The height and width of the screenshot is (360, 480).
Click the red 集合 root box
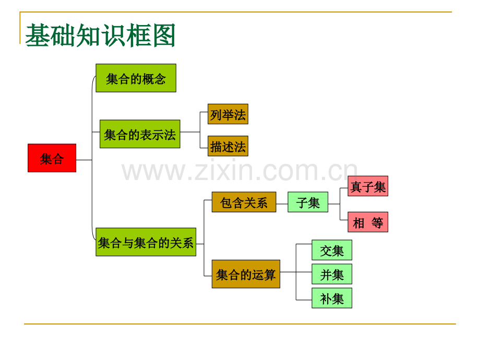[52, 158]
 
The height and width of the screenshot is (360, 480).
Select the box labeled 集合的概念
[136, 78]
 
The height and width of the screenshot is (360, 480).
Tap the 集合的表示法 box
[140, 134]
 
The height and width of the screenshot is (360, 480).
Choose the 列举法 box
[228, 114]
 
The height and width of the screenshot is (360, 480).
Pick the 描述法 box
[228, 146]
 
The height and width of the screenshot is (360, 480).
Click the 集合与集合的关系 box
[146, 242]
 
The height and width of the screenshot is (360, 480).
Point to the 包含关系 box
[244, 202]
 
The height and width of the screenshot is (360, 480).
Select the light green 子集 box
[308, 202]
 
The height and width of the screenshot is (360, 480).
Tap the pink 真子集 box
[368, 186]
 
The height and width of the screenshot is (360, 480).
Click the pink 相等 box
[368, 222]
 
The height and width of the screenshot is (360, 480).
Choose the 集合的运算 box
[246, 274]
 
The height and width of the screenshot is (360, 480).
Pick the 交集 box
[332, 250]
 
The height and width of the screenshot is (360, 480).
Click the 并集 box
[332, 274]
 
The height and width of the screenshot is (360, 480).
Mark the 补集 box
[332, 298]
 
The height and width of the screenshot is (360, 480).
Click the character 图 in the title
[164, 35]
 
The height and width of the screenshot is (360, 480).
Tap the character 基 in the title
[38, 35]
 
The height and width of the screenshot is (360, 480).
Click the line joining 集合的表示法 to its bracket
[190, 132]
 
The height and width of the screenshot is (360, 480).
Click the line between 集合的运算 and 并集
[296, 272]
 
